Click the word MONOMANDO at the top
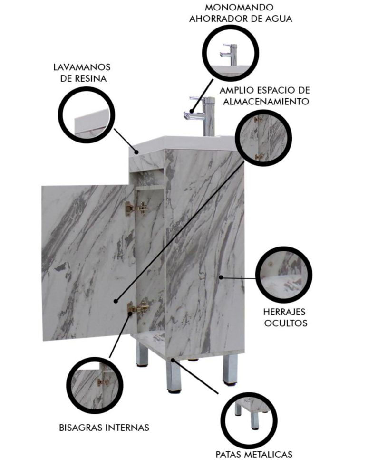click(239, 7)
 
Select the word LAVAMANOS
click(82, 67)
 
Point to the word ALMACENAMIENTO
click(266, 102)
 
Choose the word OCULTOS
click(286, 323)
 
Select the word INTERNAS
click(127, 428)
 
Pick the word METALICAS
click(268, 455)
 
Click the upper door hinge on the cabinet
click(137, 209)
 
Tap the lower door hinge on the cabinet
click(138, 308)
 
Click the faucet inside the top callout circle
click(230, 54)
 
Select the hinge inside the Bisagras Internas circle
click(104, 382)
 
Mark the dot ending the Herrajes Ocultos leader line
click(221, 276)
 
